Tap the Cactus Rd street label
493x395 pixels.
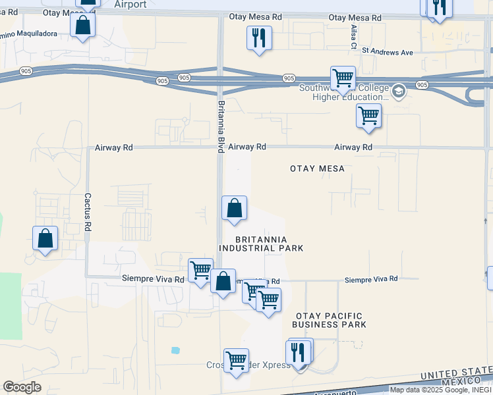click(87, 212)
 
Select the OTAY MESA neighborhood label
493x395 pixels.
click(317, 169)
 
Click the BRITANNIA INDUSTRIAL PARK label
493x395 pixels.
click(260, 244)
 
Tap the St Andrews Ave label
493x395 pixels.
click(390, 51)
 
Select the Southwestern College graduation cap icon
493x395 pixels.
click(398, 91)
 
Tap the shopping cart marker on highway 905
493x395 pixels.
click(343, 78)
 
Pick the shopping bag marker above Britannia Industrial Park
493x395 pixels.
click(234, 209)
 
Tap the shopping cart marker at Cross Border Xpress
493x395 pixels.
click(236, 360)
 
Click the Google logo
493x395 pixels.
click(22, 387)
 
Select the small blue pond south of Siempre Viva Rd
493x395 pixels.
click(175, 350)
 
